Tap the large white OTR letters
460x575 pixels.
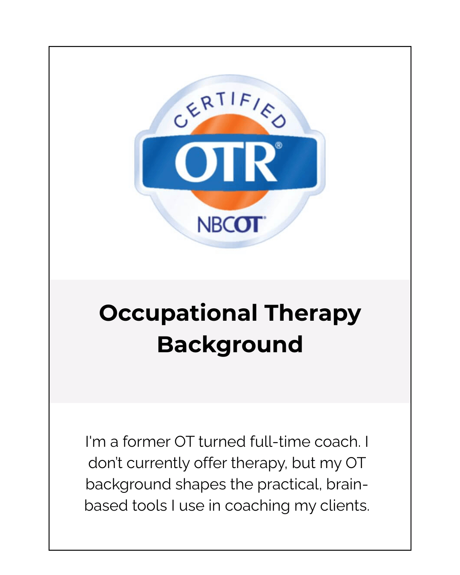click(226, 163)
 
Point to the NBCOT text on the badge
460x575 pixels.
click(231, 224)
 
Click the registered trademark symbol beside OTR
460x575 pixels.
click(279, 145)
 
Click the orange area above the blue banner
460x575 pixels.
click(230, 124)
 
